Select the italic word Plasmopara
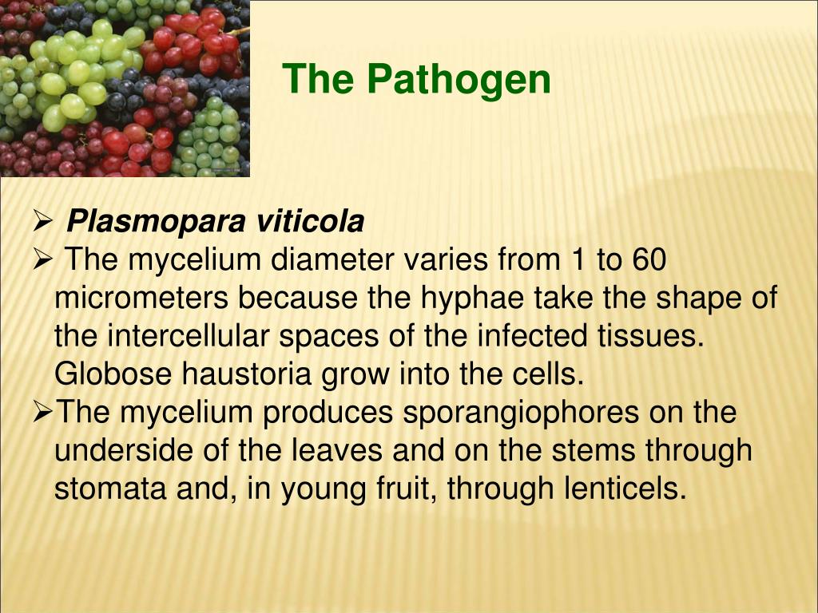tap(156, 222)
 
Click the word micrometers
tap(141, 298)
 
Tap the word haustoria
tap(247, 374)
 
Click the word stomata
tap(110, 489)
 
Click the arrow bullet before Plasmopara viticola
tap(43, 221)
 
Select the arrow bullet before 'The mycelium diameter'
tap(43, 259)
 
